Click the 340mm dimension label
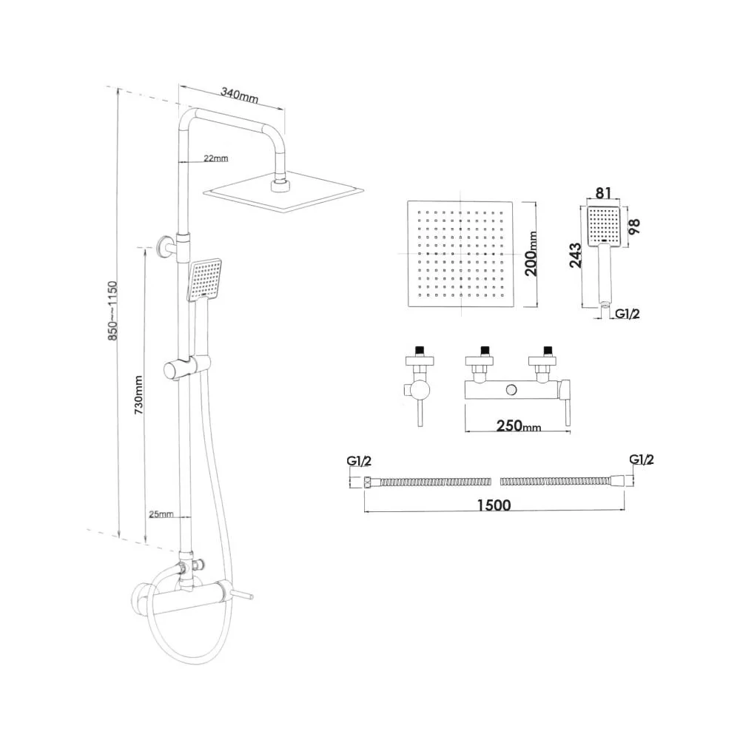point(239,95)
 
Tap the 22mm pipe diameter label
point(215,158)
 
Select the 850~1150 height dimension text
point(112,311)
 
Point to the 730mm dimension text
point(138,394)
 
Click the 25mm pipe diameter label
point(161,514)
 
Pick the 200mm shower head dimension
point(531,253)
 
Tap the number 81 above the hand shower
point(603,193)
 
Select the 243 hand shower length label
point(576,255)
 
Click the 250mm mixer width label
point(518,425)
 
